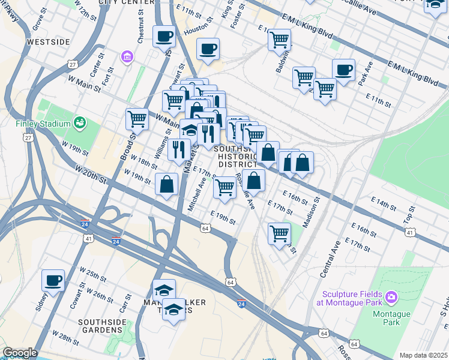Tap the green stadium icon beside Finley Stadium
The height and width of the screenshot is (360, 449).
(79, 123)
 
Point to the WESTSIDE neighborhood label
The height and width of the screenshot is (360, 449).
(48, 42)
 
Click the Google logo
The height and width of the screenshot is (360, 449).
(19, 353)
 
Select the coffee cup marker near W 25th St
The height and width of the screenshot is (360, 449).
(53, 280)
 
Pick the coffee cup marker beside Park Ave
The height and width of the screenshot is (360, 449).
(343, 70)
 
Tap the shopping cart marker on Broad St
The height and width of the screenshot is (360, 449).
(137, 118)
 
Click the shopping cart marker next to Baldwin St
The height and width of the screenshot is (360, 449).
(280, 40)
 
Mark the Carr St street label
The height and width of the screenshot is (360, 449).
(125, 304)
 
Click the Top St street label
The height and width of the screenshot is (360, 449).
(409, 212)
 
